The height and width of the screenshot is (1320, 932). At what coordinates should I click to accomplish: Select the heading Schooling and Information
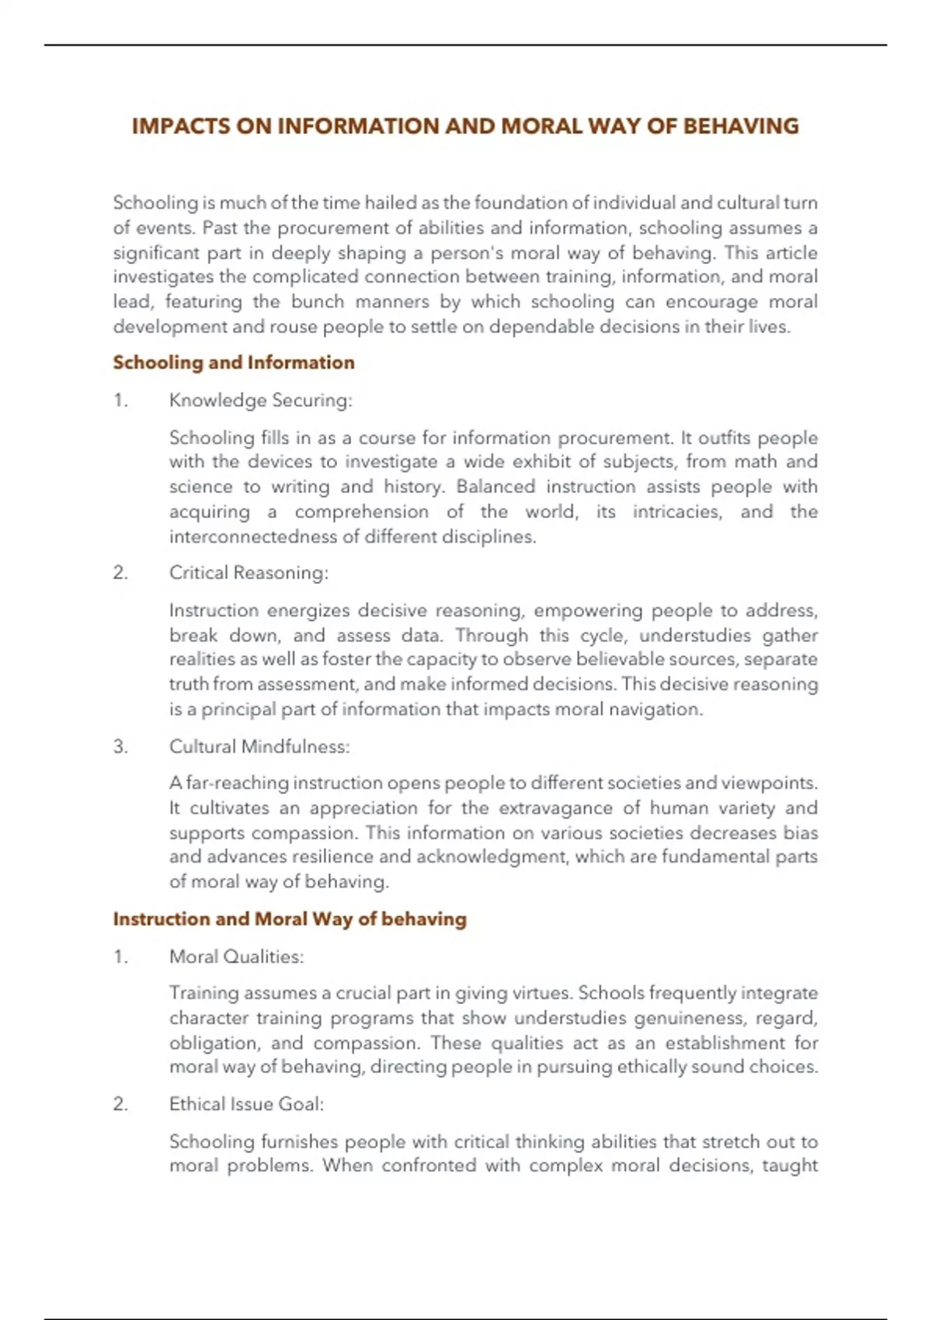[234, 363]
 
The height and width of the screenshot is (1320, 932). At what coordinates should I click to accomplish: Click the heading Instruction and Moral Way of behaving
[290, 919]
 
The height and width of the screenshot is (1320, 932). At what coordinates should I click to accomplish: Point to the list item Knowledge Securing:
[260, 401]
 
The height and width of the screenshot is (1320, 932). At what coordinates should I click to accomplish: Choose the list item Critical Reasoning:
[249, 573]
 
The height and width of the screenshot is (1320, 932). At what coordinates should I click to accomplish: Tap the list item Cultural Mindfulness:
[259, 747]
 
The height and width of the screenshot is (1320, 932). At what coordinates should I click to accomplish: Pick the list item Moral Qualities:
[236, 957]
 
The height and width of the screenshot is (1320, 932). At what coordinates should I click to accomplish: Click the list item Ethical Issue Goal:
[246, 1104]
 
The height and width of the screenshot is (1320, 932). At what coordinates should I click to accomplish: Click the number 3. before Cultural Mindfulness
[120, 747]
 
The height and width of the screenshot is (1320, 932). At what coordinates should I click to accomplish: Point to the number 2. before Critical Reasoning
[120, 573]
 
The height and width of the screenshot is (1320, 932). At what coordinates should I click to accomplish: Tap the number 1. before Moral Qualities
[120, 957]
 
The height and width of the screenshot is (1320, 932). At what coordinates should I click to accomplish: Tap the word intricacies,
[676, 512]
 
